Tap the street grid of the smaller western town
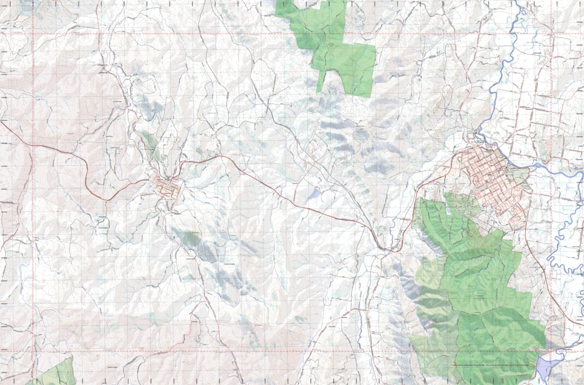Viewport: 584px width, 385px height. pos(167,189)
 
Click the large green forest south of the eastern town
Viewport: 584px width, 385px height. pos(476,284)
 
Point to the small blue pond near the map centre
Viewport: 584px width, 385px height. pos(314,194)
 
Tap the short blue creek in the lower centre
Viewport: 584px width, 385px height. pos(361,328)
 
